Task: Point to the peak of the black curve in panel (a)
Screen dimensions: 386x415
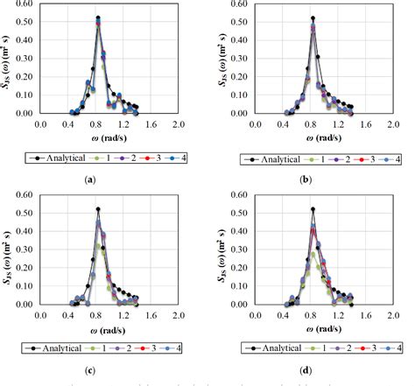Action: tap(98, 18)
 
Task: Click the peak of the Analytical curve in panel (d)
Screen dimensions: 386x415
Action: tap(313, 209)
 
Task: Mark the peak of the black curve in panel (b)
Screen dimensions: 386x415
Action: tap(313, 18)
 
